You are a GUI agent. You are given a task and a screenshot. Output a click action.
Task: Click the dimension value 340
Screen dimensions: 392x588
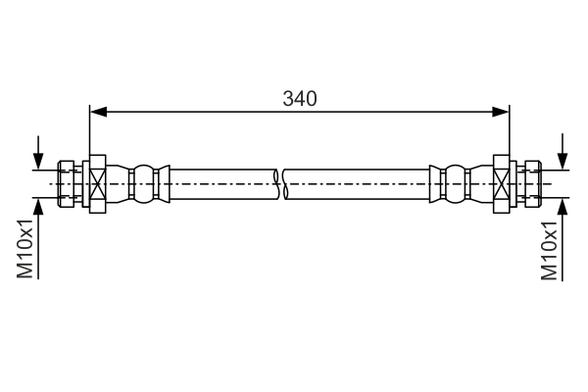[300, 98]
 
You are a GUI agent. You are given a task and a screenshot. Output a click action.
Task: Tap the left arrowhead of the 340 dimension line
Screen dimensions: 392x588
[96, 113]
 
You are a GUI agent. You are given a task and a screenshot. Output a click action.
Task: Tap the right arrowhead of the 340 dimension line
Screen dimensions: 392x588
[504, 113]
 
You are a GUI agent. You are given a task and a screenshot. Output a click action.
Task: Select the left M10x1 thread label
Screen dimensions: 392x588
[26, 249]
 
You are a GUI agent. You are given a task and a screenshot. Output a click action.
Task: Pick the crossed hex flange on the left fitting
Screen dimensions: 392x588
[97, 183]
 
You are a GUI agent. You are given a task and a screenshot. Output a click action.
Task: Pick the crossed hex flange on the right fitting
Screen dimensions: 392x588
[502, 183]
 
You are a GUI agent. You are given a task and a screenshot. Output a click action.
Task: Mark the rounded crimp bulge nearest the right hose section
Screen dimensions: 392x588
[452, 183]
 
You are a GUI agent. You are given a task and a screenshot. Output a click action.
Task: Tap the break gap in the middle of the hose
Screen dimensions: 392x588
[280, 183]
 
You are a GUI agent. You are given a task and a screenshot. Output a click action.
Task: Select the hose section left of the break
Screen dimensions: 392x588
[220, 183]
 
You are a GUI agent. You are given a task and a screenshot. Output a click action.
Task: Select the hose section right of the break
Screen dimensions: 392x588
[358, 183]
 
